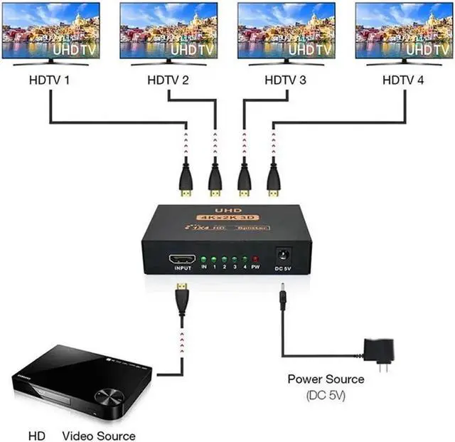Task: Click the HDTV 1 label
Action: point(48,80)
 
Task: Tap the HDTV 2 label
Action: point(168,80)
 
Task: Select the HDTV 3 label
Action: point(284,80)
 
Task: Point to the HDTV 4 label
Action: point(403,80)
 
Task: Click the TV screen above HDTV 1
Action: point(50,30)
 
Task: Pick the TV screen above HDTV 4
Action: point(404,30)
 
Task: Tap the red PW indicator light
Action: point(256,261)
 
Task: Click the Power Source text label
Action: point(326,379)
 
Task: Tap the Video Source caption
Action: point(98,435)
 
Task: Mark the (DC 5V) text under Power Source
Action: point(326,394)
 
